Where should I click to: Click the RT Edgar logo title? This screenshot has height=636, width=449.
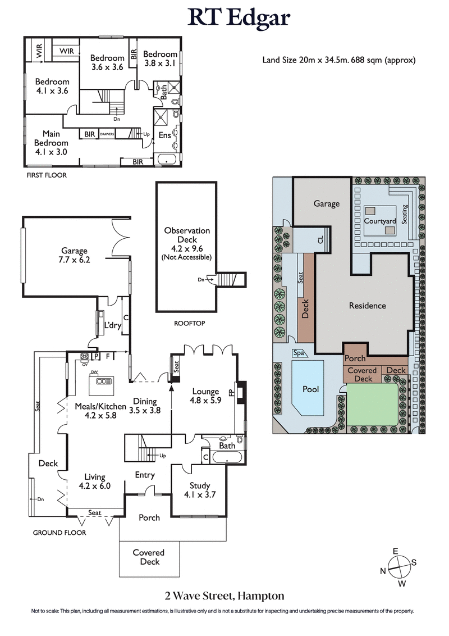click(239, 18)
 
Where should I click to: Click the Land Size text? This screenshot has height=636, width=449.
click(338, 60)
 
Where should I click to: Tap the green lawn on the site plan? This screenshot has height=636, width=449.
click(372, 405)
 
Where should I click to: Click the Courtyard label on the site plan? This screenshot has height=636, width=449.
click(380, 221)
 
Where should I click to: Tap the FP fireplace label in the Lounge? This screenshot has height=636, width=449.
click(231, 390)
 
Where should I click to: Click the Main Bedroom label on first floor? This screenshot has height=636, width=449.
click(51, 139)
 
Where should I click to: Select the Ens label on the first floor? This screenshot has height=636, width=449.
click(165, 135)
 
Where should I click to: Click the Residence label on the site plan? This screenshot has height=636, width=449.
click(367, 306)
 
